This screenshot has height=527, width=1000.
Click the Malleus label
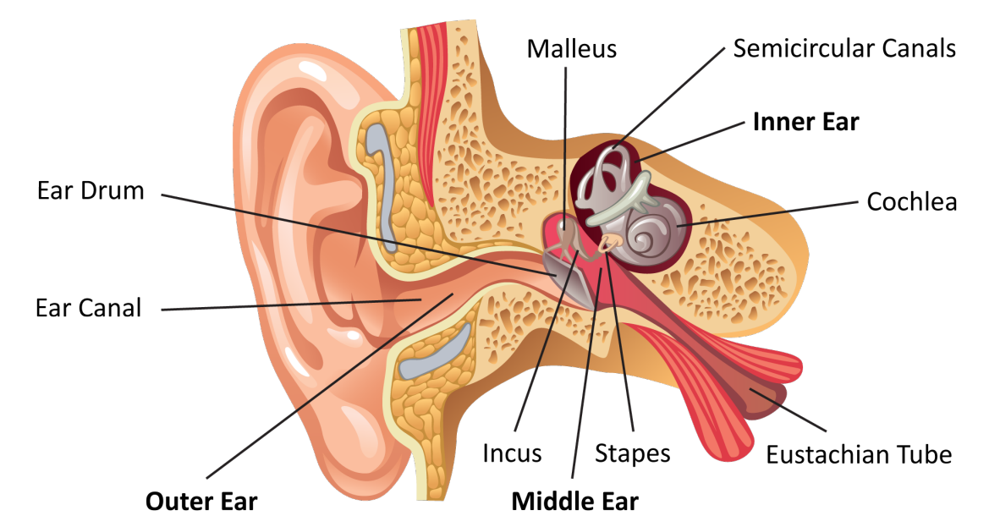pyautogui.click(x=571, y=48)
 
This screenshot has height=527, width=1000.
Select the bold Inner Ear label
pyautogui.click(x=805, y=122)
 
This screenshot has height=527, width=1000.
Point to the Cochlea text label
pyautogui.click(x=912, y=202)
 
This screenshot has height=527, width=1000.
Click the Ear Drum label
pyautogui.click(x=91, y=190)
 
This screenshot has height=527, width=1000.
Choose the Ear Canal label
pyautogui.click(x=89, y=307)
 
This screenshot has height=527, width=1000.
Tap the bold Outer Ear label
pyautogui.click(x=201, y=501)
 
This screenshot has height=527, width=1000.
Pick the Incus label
pyautogui.click(x=512, y=453)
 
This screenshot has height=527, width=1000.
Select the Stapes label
pyautogui.click(x=632, y=453)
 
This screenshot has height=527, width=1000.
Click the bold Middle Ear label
pyautogui.click(x=574, y=501)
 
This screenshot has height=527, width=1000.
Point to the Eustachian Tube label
pyautogui.click(x=859, y=454)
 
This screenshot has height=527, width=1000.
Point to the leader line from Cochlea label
pyautogui.click(x=770, y=213)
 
